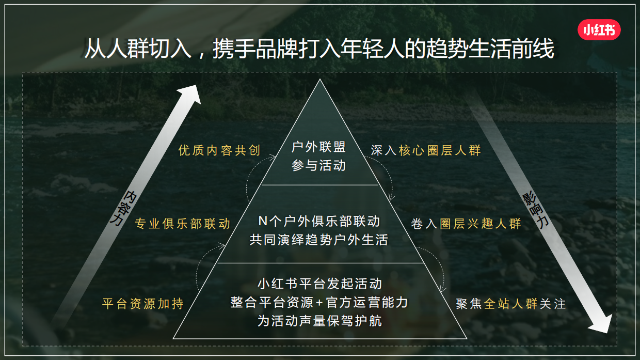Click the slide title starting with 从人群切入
coord(319,49)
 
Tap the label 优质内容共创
coord(219,150)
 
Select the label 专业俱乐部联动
coord(183,224)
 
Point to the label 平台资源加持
coord(143,304)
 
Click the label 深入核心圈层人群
coord(426,150)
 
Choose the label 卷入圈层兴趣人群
coord(466,224)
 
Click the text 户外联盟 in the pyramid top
coord(318,147)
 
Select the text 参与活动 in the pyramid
coord(318,166)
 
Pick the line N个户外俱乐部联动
coord(319,222)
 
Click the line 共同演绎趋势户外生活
coord(319,240)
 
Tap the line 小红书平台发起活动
coord(319,284)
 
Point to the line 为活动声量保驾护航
coord(319,321)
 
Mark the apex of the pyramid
coord(320,81)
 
